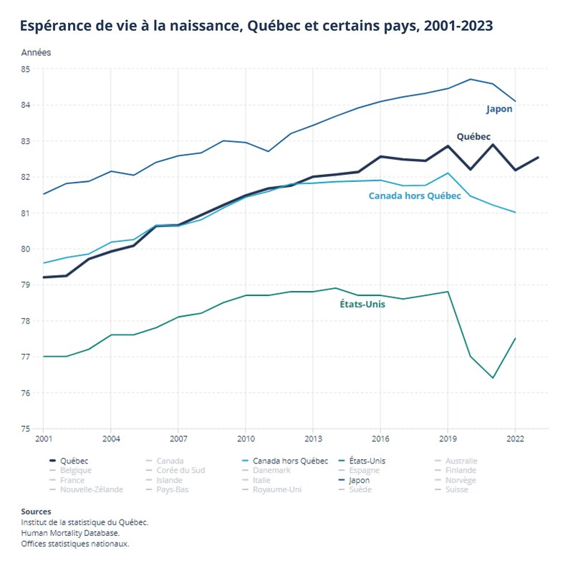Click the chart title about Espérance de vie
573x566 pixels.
256,27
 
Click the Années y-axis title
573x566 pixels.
36,52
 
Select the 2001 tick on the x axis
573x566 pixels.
43,438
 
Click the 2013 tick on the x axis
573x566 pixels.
313,438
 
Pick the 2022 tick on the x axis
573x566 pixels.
515,438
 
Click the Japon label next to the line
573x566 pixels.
499,110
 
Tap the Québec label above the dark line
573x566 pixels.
473,136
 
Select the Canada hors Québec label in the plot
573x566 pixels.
414,196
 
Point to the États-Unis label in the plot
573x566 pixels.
362,304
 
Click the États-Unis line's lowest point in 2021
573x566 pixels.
493,378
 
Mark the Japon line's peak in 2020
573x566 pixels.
471,79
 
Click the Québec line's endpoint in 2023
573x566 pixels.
538,157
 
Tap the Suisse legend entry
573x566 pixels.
456,489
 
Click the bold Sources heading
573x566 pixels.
36,512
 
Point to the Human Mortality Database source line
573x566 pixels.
70,533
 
